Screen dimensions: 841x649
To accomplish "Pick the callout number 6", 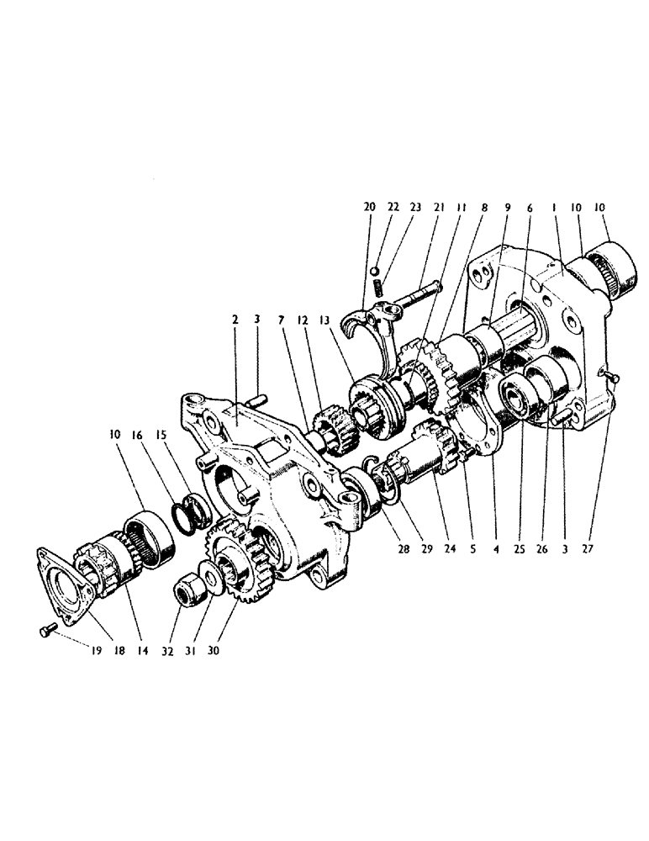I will (x=528, y=207).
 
